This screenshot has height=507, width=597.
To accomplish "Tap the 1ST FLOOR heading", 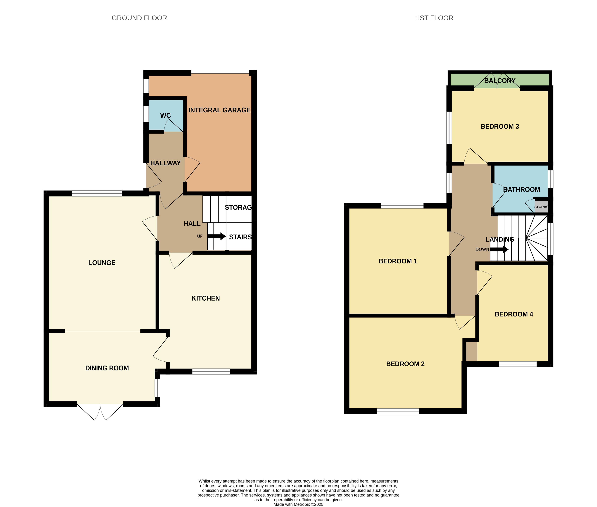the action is tap(434, 18).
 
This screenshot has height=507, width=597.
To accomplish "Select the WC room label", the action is tap(165, 115).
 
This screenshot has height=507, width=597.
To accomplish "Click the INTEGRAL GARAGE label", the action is tap(219, 110).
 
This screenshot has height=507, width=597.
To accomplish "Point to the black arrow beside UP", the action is tap(216, 236).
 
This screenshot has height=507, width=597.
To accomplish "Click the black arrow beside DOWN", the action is tap(499, 249).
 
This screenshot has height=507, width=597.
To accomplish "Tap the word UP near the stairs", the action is tap(200, 236).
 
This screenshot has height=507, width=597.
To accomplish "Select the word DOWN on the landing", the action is tap(482, 249).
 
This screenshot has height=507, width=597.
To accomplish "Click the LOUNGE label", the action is tap(102, 263).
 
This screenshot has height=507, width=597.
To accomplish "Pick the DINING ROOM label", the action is tap(107, 368).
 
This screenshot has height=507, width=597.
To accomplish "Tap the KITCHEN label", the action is tap(206, 298).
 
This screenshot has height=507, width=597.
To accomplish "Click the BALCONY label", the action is tap(500, 81).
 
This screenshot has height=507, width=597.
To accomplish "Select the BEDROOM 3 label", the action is tap(500, 127).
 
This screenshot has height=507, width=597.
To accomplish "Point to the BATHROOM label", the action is tap(521, 190).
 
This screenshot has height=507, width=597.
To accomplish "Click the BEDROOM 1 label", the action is tap(398, 261).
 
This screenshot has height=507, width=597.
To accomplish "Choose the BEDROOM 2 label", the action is tap(405, 364).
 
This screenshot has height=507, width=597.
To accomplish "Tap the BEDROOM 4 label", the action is tap(514, 314).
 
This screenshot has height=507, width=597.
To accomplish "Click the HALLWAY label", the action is tap(165, 163).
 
